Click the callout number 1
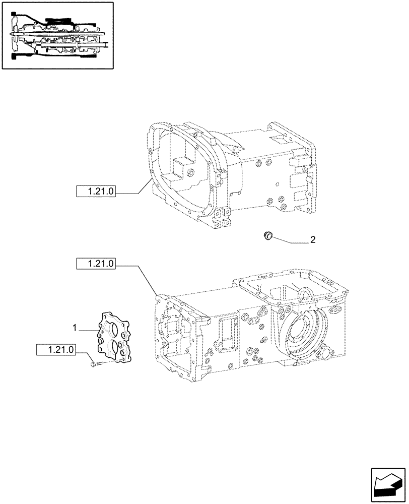click(75, 328)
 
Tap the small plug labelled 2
click(268, 235)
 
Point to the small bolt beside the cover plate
click(94, 364)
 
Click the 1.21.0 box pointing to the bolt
click(56, 349)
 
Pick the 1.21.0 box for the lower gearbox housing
click(96, 263)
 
